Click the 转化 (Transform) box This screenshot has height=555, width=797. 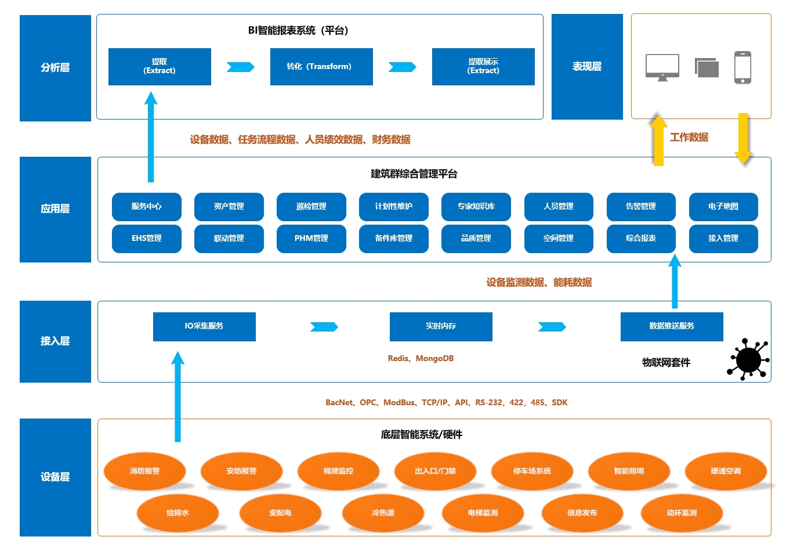tap(321, 67)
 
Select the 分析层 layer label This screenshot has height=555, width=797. tap(55, 68)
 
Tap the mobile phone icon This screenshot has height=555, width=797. tap(742, 67)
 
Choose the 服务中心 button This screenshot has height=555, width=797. tap(147, 207)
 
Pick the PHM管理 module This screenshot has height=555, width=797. tap(311, 239)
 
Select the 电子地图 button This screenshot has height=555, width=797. tap(723, 207)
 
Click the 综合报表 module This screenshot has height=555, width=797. tap(641, 239)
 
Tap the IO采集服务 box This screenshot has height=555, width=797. tap(204, 326)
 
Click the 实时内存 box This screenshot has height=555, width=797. tap(441, 326)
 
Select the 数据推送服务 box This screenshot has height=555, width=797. tap(672, 326)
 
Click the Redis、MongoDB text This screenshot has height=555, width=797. tap(421, 359)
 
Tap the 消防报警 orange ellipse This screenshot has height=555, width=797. tap(144, 471)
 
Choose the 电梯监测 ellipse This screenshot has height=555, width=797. tap(483, 513)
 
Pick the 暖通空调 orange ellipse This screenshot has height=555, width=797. tap(726, 471)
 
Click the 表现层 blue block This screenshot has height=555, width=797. tap(587, 67)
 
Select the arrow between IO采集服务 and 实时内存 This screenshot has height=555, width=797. tap(324, 327)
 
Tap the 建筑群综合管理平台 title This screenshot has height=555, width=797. tap(414, 174)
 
